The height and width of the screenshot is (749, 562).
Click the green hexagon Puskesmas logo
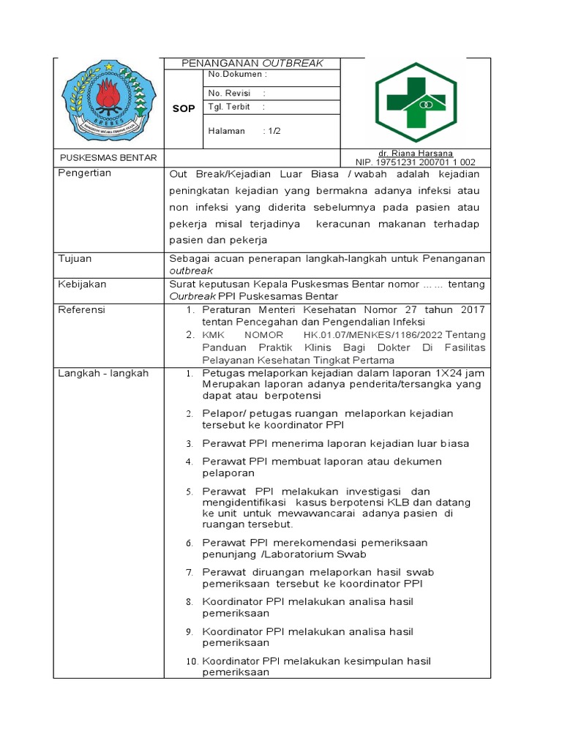415,102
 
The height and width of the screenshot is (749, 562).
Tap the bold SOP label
184,108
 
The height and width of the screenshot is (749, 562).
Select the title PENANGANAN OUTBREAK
252,64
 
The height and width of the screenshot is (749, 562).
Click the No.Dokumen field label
237,75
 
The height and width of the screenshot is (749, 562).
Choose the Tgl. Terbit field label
229,107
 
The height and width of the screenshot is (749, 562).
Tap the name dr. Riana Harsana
415,153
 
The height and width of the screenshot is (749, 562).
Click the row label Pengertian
85,173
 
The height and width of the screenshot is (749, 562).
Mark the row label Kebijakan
82,284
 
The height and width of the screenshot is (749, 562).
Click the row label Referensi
81,309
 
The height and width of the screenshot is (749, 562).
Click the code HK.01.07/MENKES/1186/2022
377,335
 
